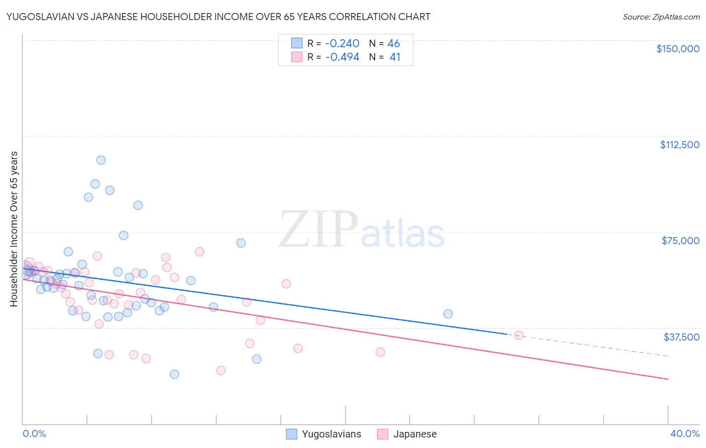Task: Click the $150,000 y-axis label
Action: point(677,49)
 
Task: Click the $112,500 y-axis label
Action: point(679,145)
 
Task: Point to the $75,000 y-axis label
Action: point(680,241)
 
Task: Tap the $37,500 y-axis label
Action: point(681,337)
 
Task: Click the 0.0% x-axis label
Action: point(34,434)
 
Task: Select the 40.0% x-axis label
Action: point(684,434)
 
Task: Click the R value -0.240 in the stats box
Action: point(342,44)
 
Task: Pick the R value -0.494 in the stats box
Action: point(342,57)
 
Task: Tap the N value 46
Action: point(394,44)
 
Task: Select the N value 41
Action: point(395,57)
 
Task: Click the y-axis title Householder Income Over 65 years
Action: point(14,229)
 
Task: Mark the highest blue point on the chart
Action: point(101,160)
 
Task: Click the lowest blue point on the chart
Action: point(174,374)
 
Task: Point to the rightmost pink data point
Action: point(519,335)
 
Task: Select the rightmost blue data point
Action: point(448,314)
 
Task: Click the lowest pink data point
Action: point(221,371)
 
